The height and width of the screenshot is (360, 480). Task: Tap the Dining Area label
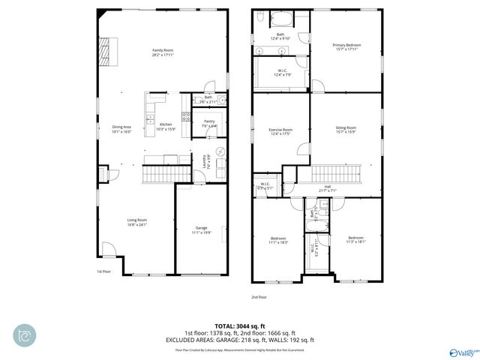click(121, 129)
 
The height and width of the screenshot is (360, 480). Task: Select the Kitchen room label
click(166, 126)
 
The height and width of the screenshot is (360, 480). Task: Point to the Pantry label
click(209, 123)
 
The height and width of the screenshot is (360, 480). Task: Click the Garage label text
click(201, 229)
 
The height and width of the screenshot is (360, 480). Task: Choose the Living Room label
click(136, 222)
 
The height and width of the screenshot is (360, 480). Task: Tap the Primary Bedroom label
click(346, 47)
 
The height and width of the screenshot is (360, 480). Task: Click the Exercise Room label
click(280, 132)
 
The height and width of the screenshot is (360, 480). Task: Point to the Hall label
click(327, 188)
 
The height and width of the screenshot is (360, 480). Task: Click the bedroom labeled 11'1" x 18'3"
click(278, 240)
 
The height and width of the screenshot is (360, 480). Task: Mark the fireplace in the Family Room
click(105, 51)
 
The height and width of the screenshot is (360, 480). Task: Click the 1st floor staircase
click(158, 175)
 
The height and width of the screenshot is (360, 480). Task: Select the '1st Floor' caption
click(103, 271)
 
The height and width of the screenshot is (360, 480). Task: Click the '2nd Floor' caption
click(258, 296)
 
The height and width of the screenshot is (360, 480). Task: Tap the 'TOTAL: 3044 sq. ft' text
click(241, 326)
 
